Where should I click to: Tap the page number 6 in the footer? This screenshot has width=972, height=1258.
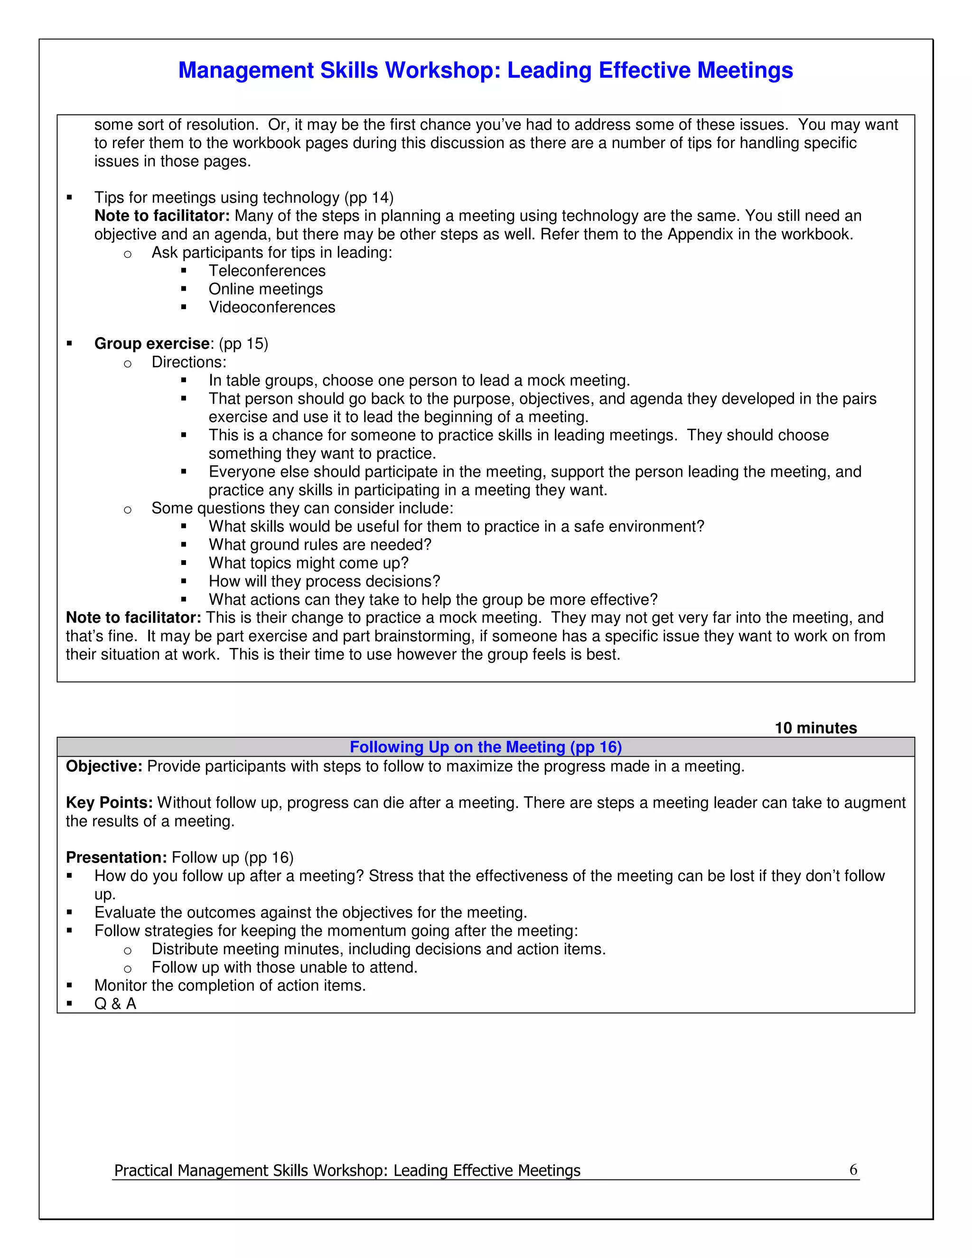coord(853,1169)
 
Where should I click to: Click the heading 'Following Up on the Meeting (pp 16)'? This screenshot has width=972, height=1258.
coord(486,747)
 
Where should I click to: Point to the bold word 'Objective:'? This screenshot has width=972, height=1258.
coord(103,766)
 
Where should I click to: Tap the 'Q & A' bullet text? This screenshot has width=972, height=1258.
coord(115,1004)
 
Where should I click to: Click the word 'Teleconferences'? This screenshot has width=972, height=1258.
coord(267,271)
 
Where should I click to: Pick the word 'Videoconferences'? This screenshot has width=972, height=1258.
coord(272,307)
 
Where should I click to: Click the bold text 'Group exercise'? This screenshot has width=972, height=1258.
coord(152,343)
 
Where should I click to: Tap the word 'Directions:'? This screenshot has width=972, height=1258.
coord(189,362)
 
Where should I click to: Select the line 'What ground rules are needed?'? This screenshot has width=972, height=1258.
coord(319,545)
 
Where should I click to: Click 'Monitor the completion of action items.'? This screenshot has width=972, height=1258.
coord(230,985)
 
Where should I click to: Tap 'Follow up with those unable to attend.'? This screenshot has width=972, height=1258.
coord(284,967)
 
